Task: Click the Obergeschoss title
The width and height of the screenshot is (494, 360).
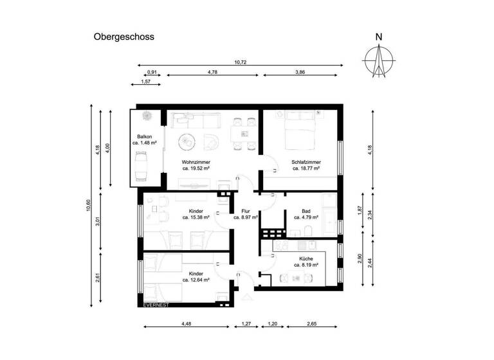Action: (124, 37)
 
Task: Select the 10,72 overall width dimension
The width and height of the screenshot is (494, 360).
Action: (241, 62)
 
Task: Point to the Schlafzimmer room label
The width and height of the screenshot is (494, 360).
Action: (306, 162)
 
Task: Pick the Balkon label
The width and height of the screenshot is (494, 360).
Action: (145, 136)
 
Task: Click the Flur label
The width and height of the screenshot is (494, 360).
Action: (245, 211)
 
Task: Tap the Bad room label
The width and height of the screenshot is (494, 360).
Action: (306, 211)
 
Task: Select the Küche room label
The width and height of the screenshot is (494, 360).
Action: (306, 258)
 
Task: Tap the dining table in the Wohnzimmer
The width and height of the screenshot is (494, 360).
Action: (244, 134)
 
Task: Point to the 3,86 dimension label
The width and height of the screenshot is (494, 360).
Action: (300, 73)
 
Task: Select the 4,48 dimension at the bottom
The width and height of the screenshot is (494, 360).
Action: (187, 323)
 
